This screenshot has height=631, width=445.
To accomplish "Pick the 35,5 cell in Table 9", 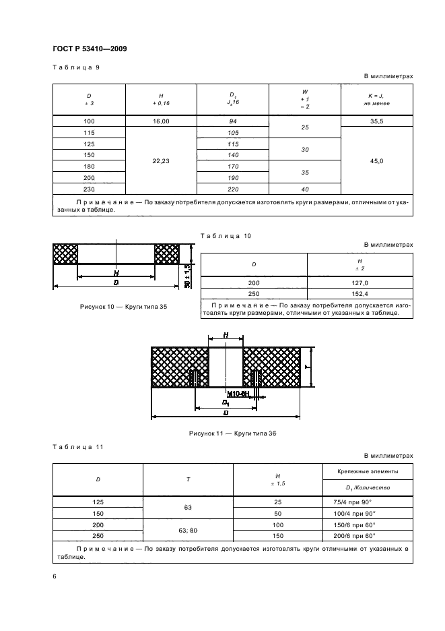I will click(x=378, y=121).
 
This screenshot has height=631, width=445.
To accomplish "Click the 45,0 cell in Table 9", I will click(x=378, y=160).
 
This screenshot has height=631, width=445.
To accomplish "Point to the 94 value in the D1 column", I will click(x=233, y=121).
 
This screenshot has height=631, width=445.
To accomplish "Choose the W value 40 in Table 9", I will click(x=306, y=189).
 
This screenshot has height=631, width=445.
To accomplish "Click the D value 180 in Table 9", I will click(x=90, y=167).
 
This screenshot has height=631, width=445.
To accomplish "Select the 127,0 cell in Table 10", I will click(x=360, y=283).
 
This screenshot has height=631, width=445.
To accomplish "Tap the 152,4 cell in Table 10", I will click(x=360, y=295).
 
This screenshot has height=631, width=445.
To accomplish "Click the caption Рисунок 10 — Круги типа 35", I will click(x=123, y=307).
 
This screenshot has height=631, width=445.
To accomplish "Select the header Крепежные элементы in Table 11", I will click(x=368, y=471).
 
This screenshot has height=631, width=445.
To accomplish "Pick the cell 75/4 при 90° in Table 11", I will click(x=368, y=502).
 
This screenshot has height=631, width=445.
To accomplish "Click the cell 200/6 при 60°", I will click(x=368, y=535).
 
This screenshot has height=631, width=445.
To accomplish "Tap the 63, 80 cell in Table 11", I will click(x=189, y=530).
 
